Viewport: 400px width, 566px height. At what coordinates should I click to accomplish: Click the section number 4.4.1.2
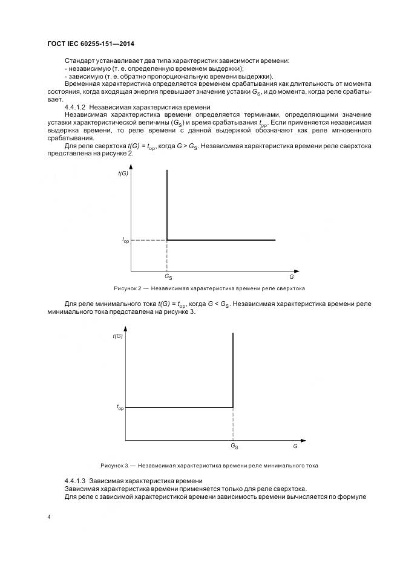(x=76, y=107)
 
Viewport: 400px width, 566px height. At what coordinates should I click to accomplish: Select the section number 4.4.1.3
(x=76, y=480)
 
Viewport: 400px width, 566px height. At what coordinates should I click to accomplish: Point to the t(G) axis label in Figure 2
(x=123, y=174)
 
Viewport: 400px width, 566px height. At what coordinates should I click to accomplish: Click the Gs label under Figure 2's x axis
(x=168, y=277)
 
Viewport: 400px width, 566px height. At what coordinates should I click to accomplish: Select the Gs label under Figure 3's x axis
(x=234, y=446)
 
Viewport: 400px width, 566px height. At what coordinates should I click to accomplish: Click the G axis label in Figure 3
(x=295, y=445)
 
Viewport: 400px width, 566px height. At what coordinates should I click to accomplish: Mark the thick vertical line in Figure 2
(x=166, y=206)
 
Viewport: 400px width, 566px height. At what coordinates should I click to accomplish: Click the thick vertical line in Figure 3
(x=233, y=369)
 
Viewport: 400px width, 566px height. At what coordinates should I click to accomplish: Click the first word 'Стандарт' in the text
(x=79, y=61)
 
